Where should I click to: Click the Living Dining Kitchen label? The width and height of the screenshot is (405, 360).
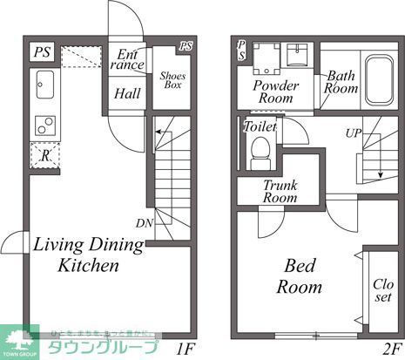[x=77, y=255]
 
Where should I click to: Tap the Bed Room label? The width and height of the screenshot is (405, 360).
[x=299, y=275]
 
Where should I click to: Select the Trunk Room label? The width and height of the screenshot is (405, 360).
[x=280, y=191]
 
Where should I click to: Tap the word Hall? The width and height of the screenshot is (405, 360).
[x=128, y=93]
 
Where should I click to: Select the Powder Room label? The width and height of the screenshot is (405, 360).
[x=276, y=92]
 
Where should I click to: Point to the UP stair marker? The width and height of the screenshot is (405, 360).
[x=354, y=135]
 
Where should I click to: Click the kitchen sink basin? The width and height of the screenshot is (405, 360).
[x=44, y=85]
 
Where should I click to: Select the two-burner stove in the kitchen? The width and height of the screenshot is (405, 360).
[x=44, y=125]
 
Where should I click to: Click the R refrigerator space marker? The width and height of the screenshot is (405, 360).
[x=44, y=155]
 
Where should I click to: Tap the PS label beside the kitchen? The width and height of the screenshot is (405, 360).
[x=42, y=51]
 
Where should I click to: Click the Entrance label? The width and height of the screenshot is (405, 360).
[x=128, y=60]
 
